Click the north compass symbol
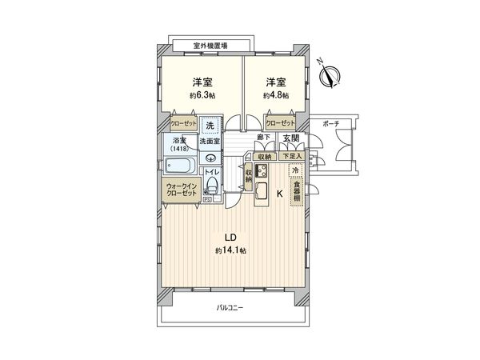pos(328,74)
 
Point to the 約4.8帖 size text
pos(276,95)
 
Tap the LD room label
pos(230,238)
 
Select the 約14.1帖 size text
pos(230,250)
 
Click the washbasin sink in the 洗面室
pos(210,158)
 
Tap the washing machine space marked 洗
pos(210,126)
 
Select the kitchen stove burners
pos(261,171)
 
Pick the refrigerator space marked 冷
pos(295,171)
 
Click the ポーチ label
pos(330,124)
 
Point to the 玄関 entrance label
pos(290,139)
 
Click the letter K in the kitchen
pos(279,194)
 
